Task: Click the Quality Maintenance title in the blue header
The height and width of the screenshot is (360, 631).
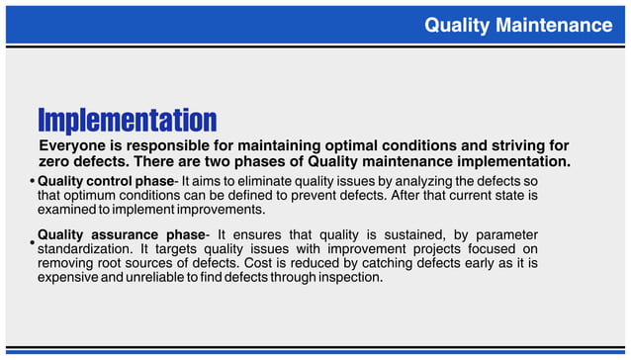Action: [518, 25]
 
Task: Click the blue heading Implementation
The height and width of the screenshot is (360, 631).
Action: [127, 121]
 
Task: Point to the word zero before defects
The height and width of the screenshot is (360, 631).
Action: [56, 161]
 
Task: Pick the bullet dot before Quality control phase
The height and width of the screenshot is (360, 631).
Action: [33, 182]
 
